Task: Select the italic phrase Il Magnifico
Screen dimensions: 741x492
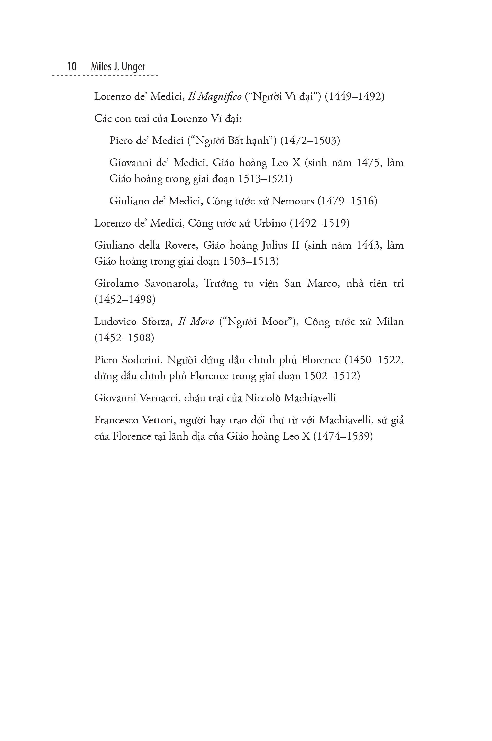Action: click(x=215, y=96)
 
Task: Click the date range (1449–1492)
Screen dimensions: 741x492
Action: click(x=354, y=96)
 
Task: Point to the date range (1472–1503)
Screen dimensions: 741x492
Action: click(x=310, y=140)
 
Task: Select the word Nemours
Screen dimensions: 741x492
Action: click(x=293, y=201)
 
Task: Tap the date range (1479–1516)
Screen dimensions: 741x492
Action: click(x=347, y=201)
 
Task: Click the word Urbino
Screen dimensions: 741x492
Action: click(x=270, y=223)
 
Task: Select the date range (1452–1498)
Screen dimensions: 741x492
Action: click(x=125, y=300)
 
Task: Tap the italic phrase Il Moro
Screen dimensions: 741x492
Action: click(x=196, y=322)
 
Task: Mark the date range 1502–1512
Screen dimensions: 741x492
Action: click(x=331, y=376)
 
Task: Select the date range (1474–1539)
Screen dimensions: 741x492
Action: click(x=343, y=436)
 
